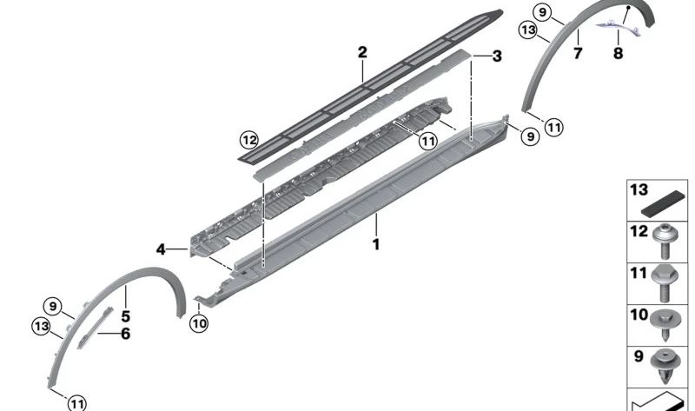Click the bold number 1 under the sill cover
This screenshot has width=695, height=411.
click(x=376, y=245)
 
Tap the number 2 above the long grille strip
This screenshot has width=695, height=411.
click(x=362, y=53)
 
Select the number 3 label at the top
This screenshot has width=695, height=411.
click(x=496, y=56)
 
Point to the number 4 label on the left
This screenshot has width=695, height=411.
click(x=161, y=249)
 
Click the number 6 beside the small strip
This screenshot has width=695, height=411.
click(x=126, y=333)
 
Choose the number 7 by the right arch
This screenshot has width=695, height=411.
click(x=578, y=54)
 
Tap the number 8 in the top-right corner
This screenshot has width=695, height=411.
click(x=618, y=54)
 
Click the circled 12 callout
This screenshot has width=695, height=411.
click(x=250, y=139)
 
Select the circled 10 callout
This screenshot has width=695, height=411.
click(x=199, y=324)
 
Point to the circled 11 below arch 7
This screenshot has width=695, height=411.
click(x=553, y=128)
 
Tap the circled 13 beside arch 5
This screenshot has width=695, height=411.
click(x=40, y=326)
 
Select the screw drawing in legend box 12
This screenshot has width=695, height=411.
click(x=670, y=242)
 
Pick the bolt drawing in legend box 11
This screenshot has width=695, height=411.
click(x=671, y=283)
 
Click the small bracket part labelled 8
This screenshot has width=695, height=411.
click(x=625, y=26)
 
